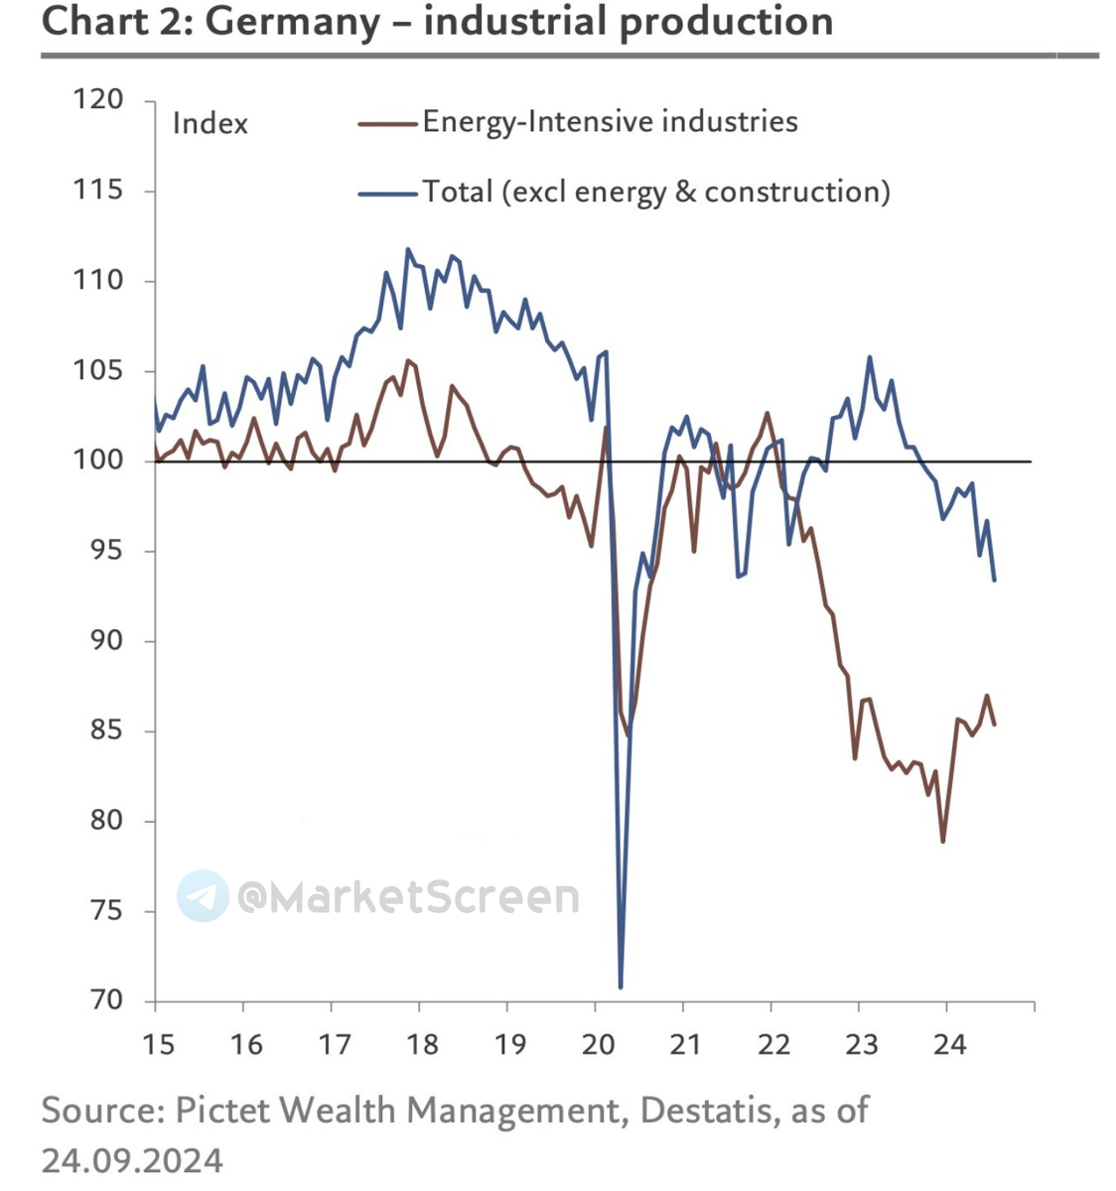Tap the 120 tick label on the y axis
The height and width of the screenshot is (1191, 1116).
[x=97, y=99]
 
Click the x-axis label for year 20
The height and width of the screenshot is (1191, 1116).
[x=598, y=1044]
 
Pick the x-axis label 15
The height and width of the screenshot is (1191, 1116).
[x=158, y=1044]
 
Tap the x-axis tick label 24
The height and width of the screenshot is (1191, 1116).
[x=950, y=1044]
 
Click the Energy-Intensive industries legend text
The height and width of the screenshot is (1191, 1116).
[x=610, y=122]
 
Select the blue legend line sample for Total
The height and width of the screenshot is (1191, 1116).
[x=387, y=193]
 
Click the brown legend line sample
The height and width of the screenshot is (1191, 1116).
[x=387, y=123]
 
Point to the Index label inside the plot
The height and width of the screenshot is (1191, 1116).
[x=209, y=123]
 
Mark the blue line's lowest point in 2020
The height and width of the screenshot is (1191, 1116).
[x=621, y=987]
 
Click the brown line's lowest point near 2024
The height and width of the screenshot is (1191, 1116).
[x=942, y=842]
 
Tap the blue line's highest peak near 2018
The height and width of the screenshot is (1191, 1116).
[x=408, y=249]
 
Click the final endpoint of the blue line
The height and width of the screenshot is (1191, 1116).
[x=994, y=581]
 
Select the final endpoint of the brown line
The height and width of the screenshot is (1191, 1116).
[x=994, y=725]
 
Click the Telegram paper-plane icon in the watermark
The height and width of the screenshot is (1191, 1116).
[x=203, y=896]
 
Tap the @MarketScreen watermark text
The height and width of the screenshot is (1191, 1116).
[x=407, y=897]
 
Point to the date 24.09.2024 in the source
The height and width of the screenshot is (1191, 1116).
[x=132, y=1160]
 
